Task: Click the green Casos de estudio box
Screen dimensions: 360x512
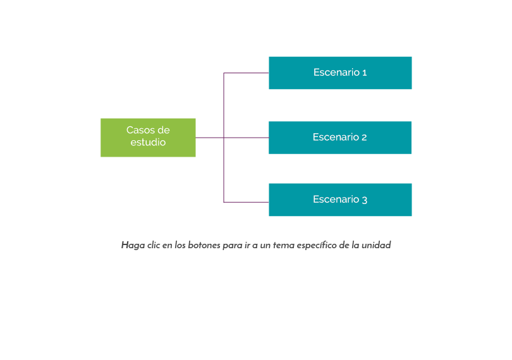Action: pos(148,137)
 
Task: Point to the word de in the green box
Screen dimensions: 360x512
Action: pos(163,130)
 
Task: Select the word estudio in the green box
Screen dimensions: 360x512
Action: pos(148,143)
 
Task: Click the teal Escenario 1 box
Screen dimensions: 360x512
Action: pos(340,73)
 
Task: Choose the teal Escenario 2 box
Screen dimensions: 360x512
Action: pos(340,137)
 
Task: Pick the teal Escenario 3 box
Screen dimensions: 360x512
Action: pos(340,200)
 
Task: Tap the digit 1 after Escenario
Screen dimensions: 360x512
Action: pos(364,73)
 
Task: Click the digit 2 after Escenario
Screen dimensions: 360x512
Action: pos(364,137)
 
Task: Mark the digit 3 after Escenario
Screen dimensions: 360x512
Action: pos(364,200)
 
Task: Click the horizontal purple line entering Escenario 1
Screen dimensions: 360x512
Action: pos(247,73)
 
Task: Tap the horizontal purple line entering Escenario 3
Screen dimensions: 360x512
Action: pos(247,202)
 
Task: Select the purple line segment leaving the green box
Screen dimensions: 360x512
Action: pos(209,137)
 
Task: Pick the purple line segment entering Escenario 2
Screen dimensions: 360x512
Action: pos(247,137)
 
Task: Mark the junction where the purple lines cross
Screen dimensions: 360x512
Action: pos(224,137)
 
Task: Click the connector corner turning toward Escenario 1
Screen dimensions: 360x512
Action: pos(224,73)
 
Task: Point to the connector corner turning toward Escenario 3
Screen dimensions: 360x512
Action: pos(224,202)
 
